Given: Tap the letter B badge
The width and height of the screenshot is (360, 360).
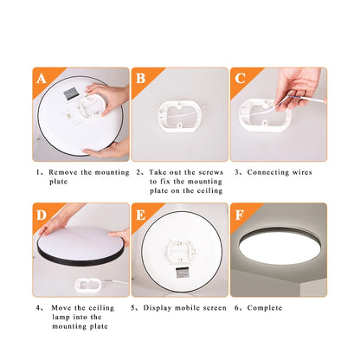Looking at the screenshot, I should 142,79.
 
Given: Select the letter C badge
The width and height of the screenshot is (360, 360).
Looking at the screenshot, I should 240,79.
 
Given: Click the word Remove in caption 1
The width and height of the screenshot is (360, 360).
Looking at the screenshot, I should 65,172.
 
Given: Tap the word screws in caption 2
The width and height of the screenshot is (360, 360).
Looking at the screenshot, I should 208,172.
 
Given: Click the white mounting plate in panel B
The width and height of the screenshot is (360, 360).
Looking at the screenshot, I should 179,119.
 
